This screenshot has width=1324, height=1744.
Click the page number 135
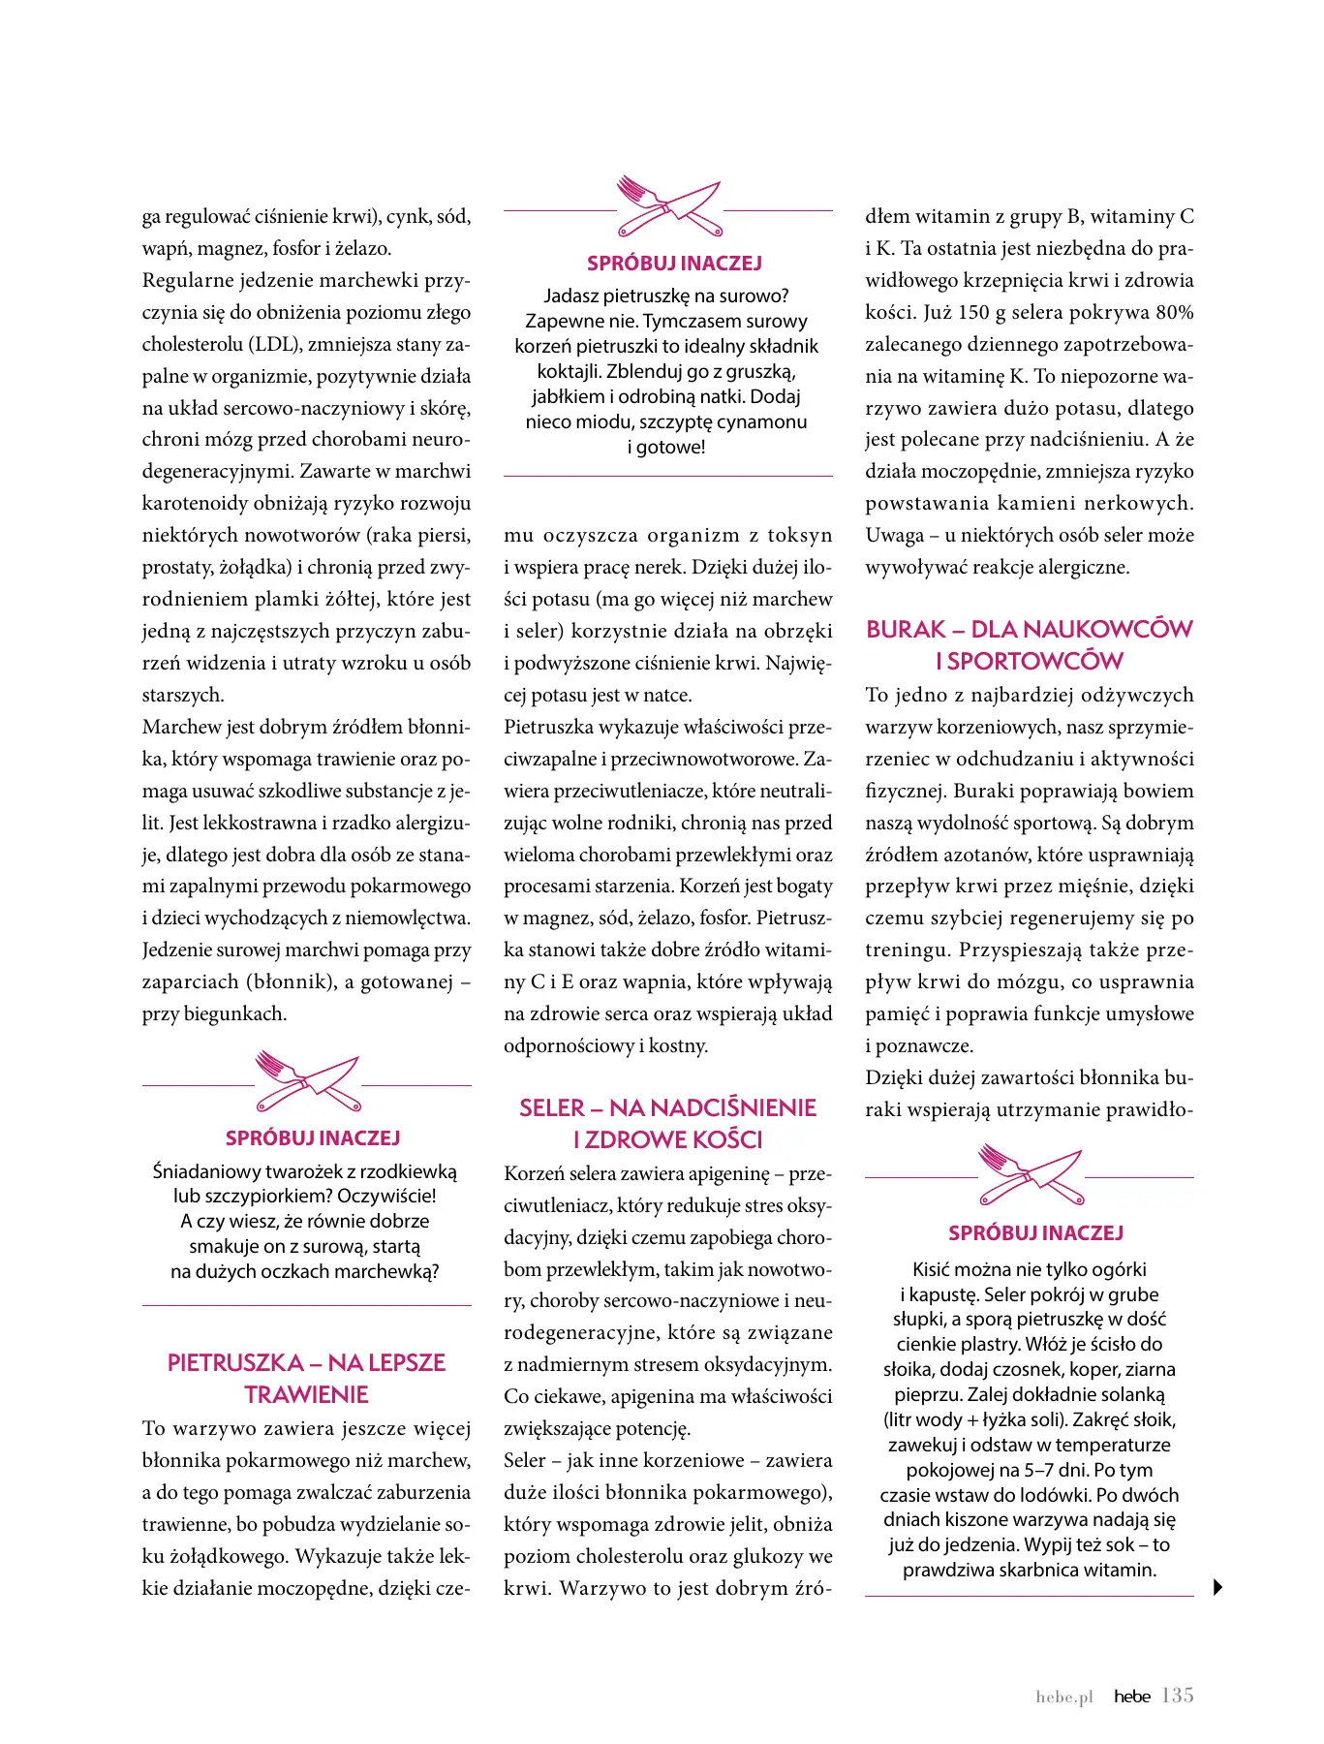pos(1177,1695)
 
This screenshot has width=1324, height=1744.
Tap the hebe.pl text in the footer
pos(1063,1697)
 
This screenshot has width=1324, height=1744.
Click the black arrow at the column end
pos(1217,1587)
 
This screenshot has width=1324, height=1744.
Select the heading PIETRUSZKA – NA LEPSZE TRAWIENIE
pos(306,1379)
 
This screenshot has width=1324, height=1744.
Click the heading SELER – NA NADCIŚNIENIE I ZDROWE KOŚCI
pos(667,1124)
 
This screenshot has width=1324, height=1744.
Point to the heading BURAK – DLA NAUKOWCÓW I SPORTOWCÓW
pos(1029,645)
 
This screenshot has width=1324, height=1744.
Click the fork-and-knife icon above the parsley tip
pos(669,206)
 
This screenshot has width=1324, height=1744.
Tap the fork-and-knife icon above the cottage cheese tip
pos(308,1081)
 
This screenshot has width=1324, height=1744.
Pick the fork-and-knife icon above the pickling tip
pos(1031,1174)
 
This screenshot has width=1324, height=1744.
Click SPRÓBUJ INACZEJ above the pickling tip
pos(1035,1233)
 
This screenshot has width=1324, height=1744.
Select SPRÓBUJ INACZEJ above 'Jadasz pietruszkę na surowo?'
pos(674,264)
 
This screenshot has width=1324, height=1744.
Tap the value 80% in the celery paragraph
pos(1174,313)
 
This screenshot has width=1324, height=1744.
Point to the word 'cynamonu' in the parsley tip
pos(763,422)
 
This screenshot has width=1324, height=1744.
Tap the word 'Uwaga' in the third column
pos(894,536)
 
